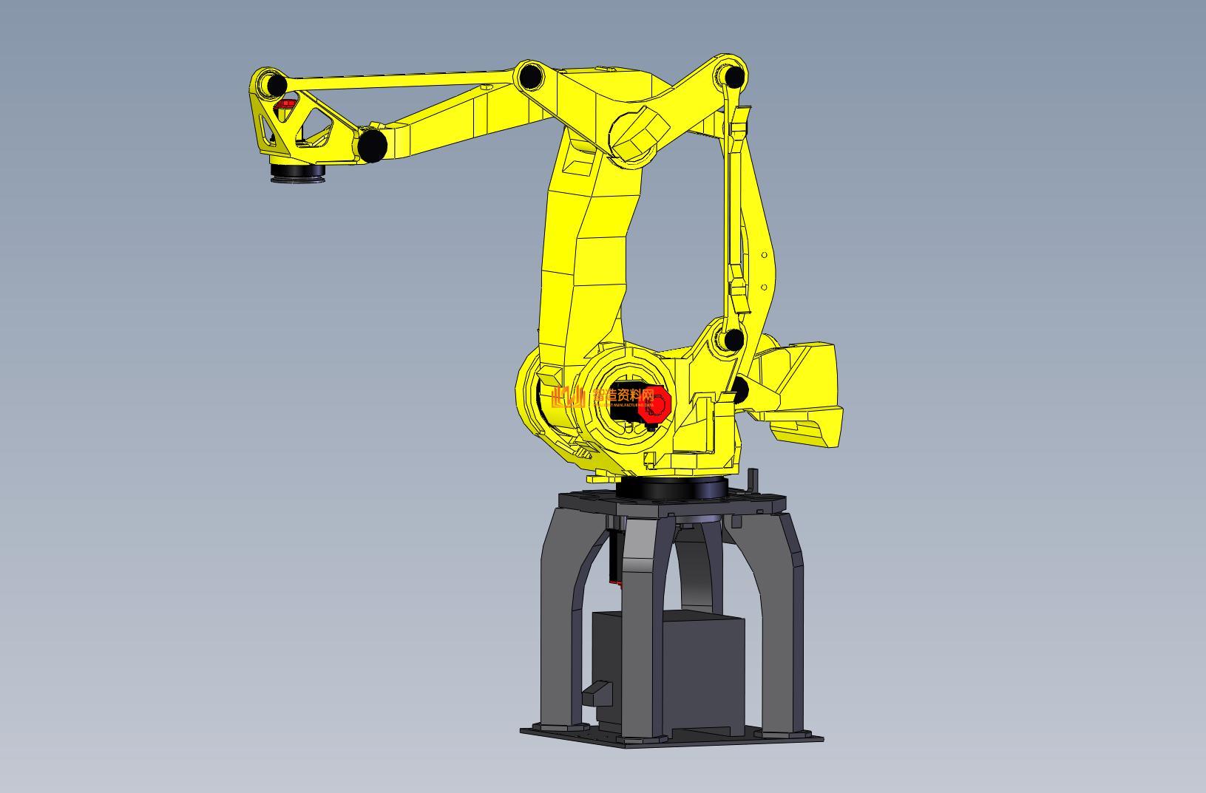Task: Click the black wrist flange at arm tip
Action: pos(297,172)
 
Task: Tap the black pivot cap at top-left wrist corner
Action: pos(276,84)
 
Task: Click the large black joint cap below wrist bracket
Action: pos(373,145)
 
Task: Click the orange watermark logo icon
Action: pos(568,397)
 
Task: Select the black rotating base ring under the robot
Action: pos(670,489)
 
